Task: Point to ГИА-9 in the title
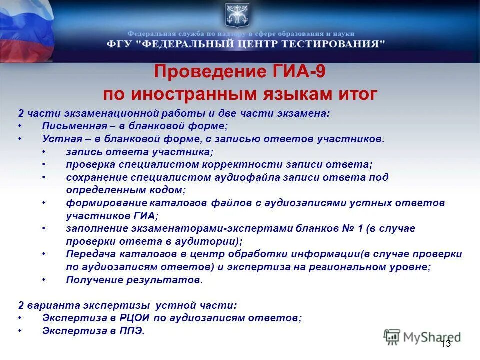[305, 72]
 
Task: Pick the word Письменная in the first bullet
[68, 126]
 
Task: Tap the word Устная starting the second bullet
[58, 139]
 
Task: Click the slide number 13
[446, 343]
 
